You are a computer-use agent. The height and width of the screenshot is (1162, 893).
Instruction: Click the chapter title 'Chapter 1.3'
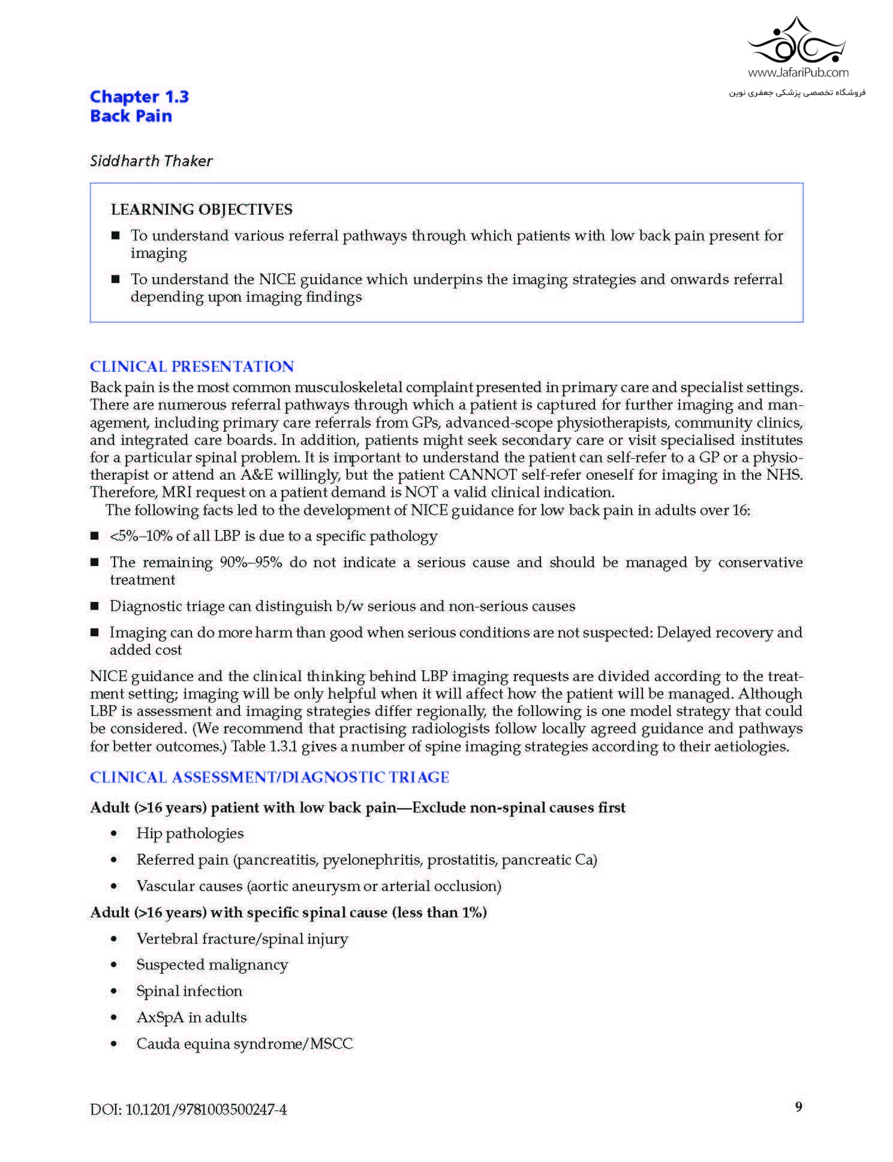coord(139,97)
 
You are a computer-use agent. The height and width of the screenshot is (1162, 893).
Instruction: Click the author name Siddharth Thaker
coord(151,161)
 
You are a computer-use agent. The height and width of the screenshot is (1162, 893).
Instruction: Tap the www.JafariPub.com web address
coord(798,73)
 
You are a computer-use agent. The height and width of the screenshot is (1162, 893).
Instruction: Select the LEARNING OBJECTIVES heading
coord(202,209)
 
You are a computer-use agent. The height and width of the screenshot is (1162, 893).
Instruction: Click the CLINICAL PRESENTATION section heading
coord(192,366)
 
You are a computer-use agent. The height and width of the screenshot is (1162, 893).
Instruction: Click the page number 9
coord(798,1106)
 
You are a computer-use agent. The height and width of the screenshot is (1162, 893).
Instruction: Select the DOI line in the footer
coord(188,1109)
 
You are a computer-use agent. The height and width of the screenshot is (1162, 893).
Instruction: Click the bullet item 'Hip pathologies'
coord(190,833)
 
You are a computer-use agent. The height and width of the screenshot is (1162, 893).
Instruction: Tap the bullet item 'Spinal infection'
coord(189,991)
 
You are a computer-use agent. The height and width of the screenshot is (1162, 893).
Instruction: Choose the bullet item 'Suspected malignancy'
coord(212,964)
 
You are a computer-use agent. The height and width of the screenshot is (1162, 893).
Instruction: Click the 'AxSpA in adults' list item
coord(191,1017)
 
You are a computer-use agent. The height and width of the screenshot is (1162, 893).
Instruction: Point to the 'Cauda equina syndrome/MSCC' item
coord(244,1043)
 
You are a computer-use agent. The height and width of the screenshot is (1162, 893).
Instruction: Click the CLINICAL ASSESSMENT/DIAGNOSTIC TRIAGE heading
coord(269,777)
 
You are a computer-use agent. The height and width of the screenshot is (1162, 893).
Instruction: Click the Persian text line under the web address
coord(797,93)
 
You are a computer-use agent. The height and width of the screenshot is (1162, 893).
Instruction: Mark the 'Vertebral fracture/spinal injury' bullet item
coord(242,938)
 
